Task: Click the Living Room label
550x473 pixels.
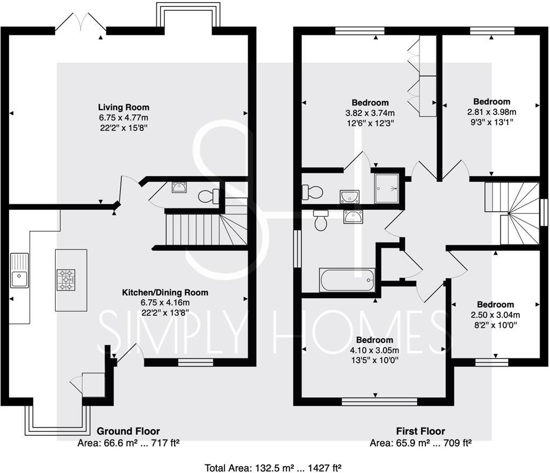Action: (x=124, y=107)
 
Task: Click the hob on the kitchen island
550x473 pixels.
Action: (x=67, y=279)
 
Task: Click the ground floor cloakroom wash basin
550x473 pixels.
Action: (x=179, y=188)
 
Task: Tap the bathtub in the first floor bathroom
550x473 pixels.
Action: (x=347, y=280)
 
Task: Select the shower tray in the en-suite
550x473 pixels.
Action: (x=387, y=188)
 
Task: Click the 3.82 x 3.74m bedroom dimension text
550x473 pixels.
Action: (x=370, y=113)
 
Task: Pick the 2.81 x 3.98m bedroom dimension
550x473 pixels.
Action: (x=491, y=112)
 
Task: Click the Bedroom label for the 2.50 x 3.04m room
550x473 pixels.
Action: (x=495, y=304)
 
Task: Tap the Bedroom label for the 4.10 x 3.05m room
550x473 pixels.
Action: (x=374, y=340)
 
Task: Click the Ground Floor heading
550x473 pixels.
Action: (x=128, y=431)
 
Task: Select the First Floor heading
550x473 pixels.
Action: (x=421, y=431)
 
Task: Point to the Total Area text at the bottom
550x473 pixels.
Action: (x=273, y=468)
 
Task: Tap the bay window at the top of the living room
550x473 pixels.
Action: (x=187, y=15)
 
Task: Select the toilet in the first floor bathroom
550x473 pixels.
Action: (x=321, y=220)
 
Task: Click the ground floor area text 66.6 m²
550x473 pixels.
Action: (x=128, y=443)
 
